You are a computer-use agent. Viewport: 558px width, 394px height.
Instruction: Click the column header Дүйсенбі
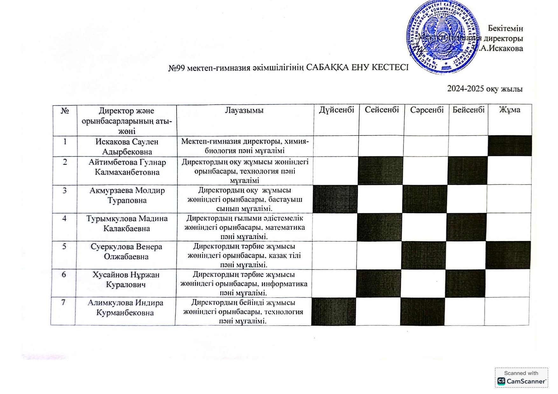tap(337, 110)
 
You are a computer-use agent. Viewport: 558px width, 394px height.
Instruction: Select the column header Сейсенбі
tap(382, 110)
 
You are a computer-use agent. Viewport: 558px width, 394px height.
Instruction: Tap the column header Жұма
tap(510, 110)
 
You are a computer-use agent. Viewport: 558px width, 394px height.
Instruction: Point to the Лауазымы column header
tap(244, 111)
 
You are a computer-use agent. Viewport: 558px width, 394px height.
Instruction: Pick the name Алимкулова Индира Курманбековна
tap(125, 308)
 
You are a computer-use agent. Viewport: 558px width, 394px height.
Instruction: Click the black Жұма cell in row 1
tap(510, 146)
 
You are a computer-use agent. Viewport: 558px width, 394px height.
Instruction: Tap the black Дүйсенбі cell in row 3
tap(335, 199)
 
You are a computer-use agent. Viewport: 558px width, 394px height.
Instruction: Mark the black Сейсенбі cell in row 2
tap(380, 170)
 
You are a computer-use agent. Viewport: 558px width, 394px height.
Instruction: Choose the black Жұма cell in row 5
tap(508, 255)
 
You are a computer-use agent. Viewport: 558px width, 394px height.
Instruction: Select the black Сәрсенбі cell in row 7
tap(422, 311)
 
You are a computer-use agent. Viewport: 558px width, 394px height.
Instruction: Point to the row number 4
tap(64, 219)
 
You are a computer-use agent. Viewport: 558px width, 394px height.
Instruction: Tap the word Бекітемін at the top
tap(505, 29)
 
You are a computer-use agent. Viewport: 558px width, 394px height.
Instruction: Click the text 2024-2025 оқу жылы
tap(485, 89)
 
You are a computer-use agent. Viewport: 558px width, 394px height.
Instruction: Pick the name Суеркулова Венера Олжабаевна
tap(126, 252)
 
